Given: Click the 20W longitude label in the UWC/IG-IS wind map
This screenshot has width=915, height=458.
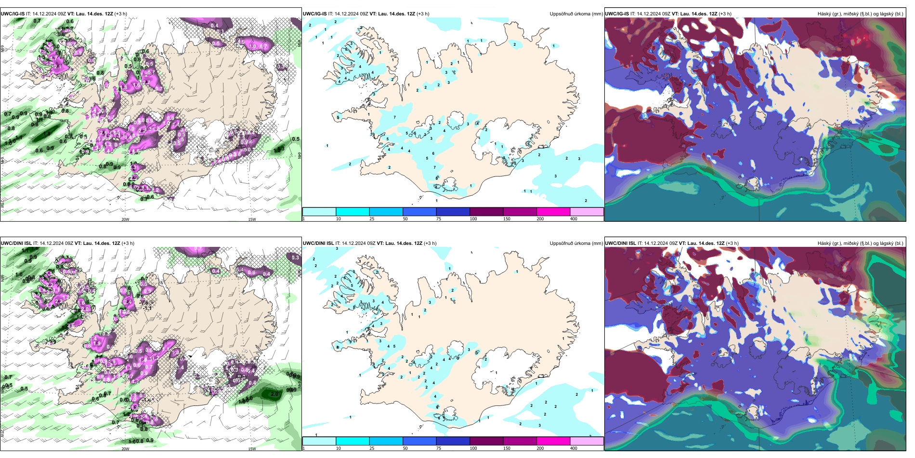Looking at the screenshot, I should click(x=125, y=219).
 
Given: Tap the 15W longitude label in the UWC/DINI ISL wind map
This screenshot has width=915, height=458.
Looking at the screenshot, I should click(x=252, y=449).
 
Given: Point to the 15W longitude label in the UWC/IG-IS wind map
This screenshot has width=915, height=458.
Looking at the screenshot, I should click(x=252, y=219).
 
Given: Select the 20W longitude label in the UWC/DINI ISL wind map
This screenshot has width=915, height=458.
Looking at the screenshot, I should click(x=125, y=449).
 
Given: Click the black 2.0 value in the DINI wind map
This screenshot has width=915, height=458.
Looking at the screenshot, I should click(x=274, y=394).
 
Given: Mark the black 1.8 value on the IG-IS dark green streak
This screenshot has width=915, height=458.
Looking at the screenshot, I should click(x=47, y=134).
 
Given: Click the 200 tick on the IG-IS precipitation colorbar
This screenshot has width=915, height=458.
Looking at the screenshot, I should click(x=540, y=219).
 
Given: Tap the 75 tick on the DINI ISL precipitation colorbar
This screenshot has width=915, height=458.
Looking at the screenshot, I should click(x=439, y=448).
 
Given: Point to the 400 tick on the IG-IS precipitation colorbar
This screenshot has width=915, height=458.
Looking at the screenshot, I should click(x=574, y=219).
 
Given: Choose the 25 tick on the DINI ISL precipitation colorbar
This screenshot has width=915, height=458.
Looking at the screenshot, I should click(x=372, y=448).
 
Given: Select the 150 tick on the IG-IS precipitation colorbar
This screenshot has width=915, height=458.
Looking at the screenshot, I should click(x=507, y=219).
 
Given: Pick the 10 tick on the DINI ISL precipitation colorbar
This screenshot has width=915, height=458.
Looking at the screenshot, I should click(x=338, y=448).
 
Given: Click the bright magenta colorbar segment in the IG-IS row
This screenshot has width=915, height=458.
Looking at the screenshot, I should click(x=553, y=212).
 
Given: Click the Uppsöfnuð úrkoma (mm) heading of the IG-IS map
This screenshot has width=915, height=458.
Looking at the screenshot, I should click(x=576, y=14).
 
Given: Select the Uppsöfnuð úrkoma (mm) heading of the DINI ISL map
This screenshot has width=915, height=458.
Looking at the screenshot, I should click(x=576, y=243).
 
